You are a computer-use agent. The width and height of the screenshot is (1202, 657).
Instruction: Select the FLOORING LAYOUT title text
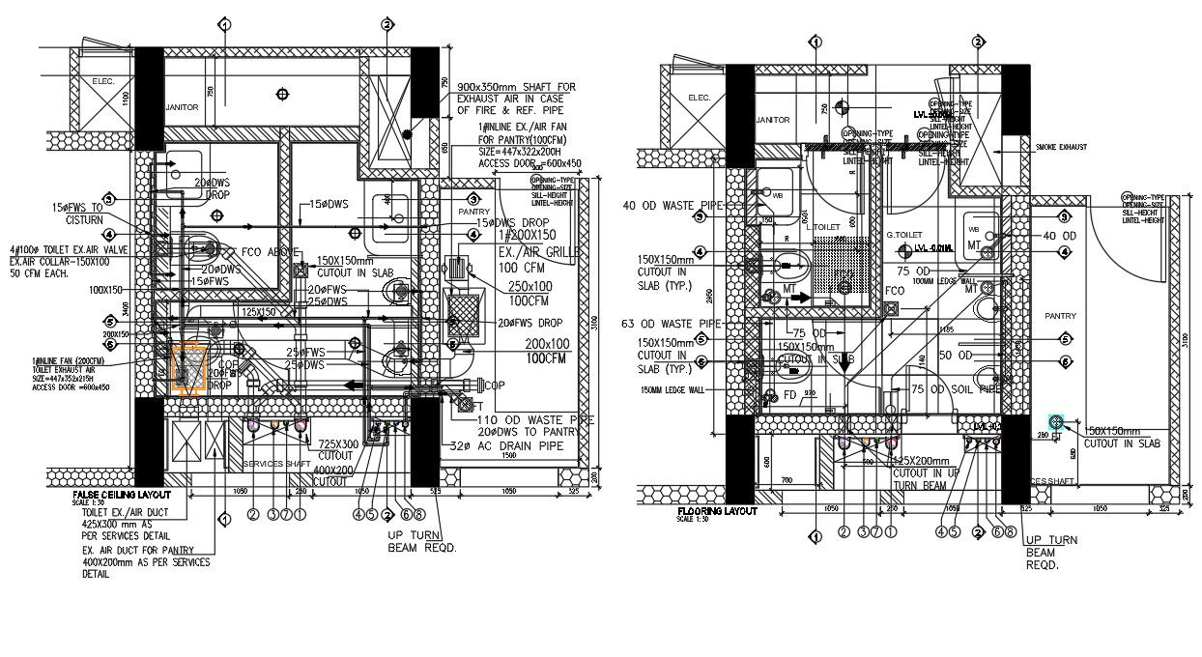click(x=718, y=511)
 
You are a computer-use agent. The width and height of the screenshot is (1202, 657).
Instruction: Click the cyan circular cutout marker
click(x=1056, y=422)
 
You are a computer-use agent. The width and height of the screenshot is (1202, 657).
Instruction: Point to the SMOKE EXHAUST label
click(x=1061, y=148)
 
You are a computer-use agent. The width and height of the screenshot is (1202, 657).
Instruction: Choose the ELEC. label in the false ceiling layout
click(x=103, y=82)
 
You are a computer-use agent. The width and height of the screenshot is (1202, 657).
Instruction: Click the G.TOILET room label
click(x=904, y=235)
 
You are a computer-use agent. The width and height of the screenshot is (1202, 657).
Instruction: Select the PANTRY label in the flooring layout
click(x=1060, y=316)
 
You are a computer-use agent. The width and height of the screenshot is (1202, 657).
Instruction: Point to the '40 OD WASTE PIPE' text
click(x=673, y=206)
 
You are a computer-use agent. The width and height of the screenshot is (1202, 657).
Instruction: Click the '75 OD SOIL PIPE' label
click(x=956, y=389)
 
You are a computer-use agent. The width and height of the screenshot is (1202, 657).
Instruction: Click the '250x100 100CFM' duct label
click(x=529, y=293)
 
